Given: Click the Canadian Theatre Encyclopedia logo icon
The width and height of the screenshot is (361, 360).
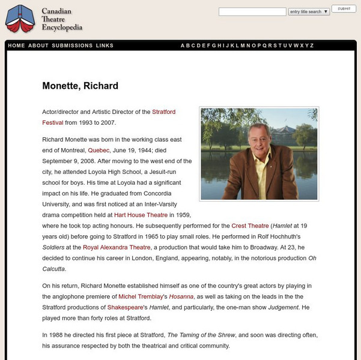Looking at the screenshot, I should point(20,19).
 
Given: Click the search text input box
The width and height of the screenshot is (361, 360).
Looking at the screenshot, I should point(252,11).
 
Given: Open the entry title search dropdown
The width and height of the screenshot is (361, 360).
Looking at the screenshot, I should point(309,11).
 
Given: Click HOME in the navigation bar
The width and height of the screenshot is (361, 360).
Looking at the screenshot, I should point(17,46).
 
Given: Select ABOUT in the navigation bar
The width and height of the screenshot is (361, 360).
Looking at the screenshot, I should point(38,46).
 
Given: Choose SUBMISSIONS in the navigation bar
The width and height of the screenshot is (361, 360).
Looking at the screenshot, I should point(72,46).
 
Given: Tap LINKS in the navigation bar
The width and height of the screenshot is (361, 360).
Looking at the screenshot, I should point(105,46).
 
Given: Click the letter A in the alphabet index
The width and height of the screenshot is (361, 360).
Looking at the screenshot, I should point(183,46).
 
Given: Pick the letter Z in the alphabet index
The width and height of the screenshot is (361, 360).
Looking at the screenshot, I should point(312,46).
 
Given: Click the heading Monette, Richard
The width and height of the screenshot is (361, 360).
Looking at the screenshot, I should point(80,86).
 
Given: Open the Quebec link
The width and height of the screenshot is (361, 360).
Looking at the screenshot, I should point(99,150).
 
